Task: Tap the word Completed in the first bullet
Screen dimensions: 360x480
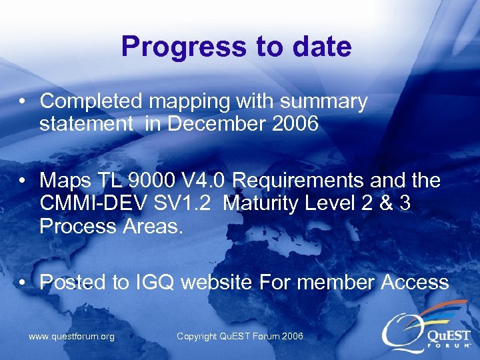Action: click(x=91, y=101)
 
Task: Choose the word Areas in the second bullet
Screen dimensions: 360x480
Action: click(x=153, y=225)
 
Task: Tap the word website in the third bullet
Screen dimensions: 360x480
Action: click(x=217, y=282)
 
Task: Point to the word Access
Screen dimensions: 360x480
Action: click(x=415, y=282)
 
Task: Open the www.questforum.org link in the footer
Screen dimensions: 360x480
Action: click(x=71, y=337)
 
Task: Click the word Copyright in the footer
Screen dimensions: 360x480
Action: click(x=198, y=337)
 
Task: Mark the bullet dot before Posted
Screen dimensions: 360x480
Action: click(x=23, y=283)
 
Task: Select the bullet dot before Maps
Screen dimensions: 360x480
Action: click(x=23, y=181)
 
